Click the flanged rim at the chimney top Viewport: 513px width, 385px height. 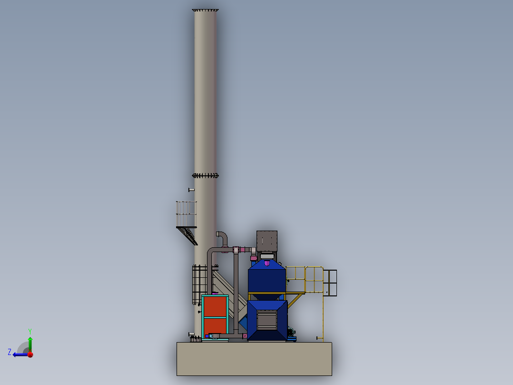(x=205, y=10)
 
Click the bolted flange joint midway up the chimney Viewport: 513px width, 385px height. (x=205, y=176)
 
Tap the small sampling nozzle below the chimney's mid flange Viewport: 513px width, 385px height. (x=191, y=190)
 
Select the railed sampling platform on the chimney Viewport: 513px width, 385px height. (x=187, y=214)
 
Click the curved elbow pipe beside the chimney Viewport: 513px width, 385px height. (x=222, y=238)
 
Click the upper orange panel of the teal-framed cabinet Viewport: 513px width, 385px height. (x=215, y=306)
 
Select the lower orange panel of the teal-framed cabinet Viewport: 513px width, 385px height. (x=215, y=327)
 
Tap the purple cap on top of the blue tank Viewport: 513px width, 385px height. (x=267, y=263)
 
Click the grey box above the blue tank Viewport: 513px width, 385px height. (x=267, y=241)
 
